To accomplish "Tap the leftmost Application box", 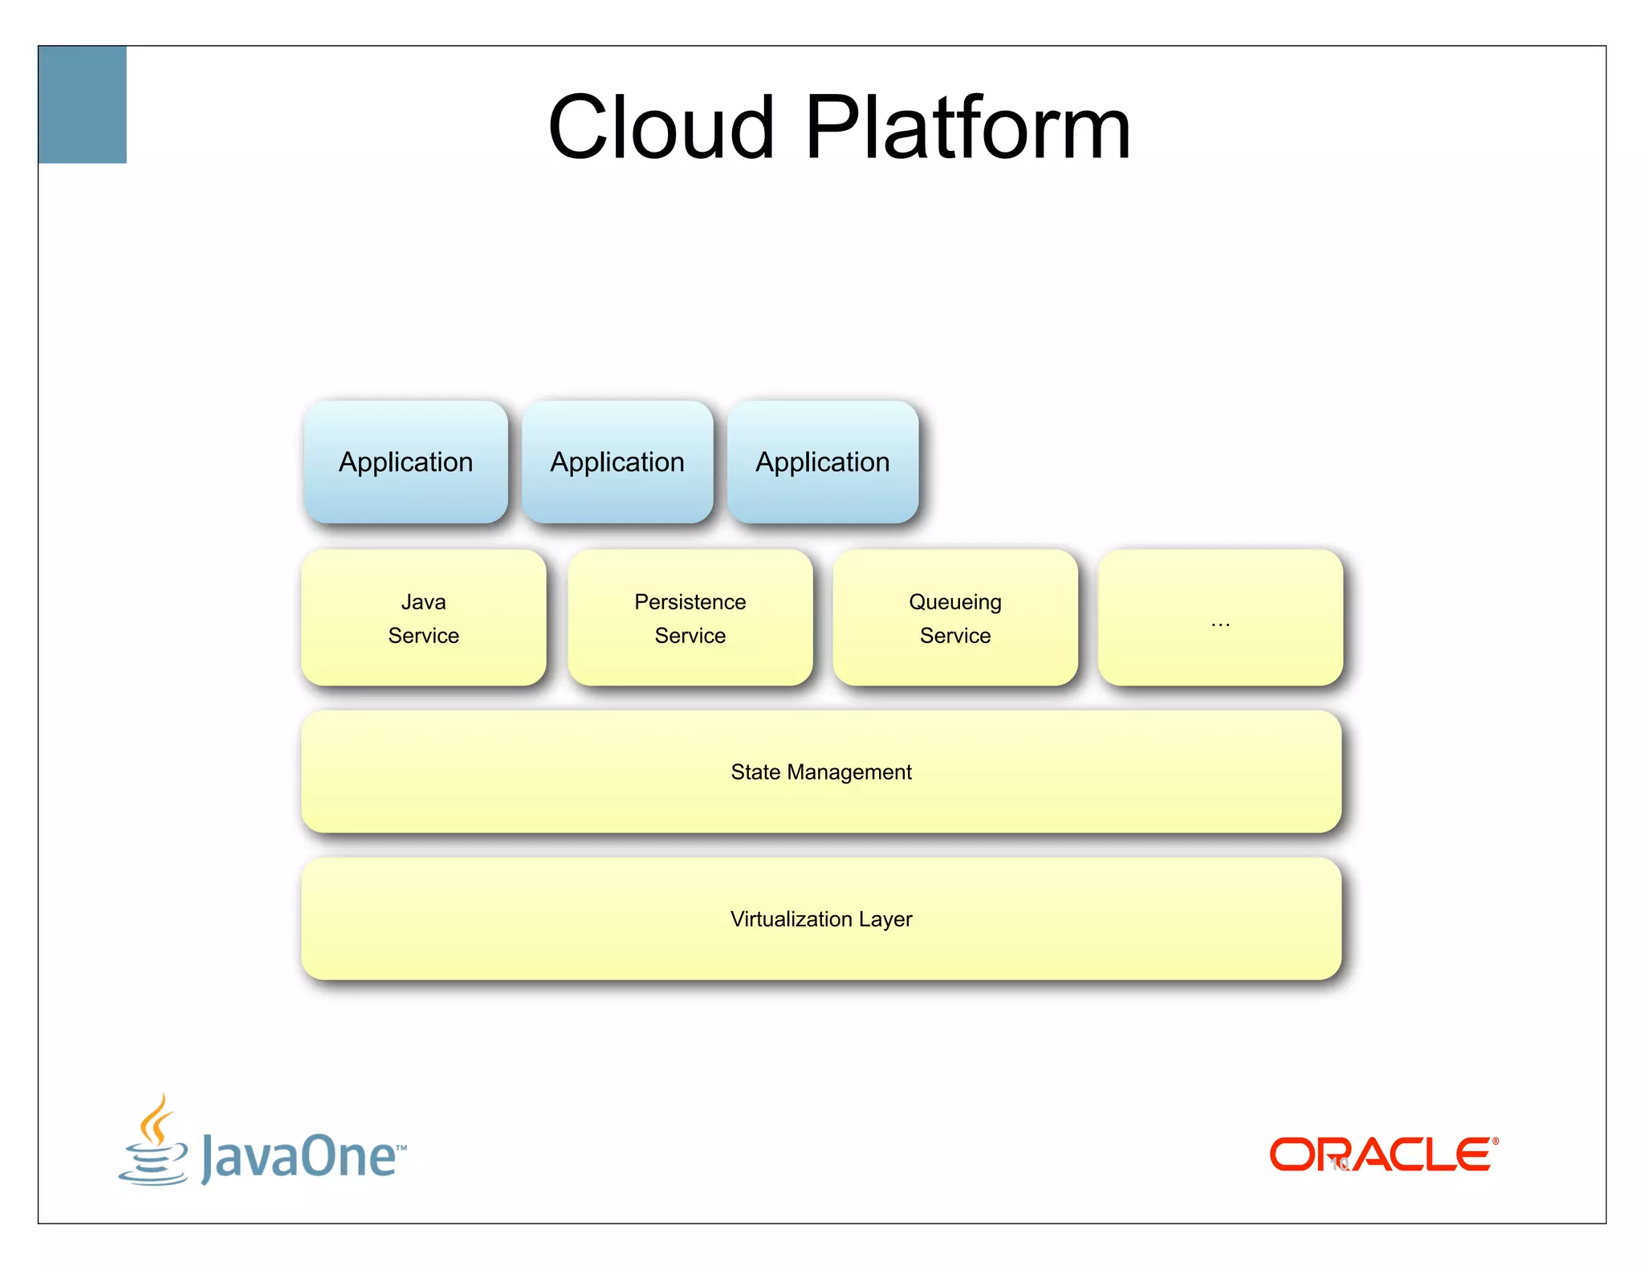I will [x=405, y=462].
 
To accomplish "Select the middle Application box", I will [x=617, y=462].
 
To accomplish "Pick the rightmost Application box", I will [x=823, y=462].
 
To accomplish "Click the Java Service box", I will [x=423, y=618].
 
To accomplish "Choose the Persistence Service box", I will [x=690, y=618].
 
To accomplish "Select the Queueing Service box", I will [x=955, y=618].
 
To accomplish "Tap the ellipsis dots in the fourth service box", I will [x=1220, y=624].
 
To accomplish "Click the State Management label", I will [x=821, y=772].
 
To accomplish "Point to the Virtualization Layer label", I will [x=821, y=919].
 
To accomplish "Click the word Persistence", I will [x=690, y=602].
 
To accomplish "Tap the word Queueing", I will [x=955, y=603].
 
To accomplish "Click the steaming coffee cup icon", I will [x=153, y=1142].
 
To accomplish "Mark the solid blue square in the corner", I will [x=83, y=105].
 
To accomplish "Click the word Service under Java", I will [x=423, y=636].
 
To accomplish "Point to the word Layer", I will [x=885, y=920].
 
